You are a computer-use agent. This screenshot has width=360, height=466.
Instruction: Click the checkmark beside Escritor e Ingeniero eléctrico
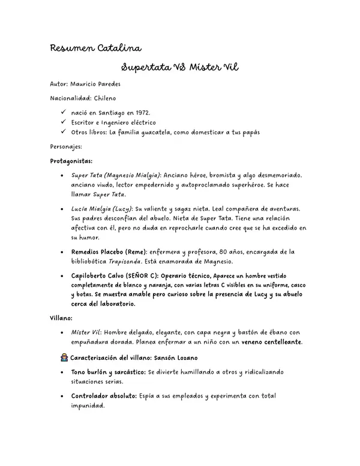click(64, 122)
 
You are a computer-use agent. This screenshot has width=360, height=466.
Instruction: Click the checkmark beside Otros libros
click(64, 132)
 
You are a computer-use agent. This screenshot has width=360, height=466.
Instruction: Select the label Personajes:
click(66, 146)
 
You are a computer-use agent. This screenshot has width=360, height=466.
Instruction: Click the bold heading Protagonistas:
click(71, 161)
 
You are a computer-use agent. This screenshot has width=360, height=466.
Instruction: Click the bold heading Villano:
click(61, 318)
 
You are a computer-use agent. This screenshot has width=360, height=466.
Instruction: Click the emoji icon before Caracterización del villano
click(65, 357)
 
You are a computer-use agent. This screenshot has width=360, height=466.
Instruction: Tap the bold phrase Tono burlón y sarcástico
click(108, 372)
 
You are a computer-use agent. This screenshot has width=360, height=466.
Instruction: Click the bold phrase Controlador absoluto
click(103, 396)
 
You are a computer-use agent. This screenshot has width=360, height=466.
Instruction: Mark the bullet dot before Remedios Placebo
click(64, 252)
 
